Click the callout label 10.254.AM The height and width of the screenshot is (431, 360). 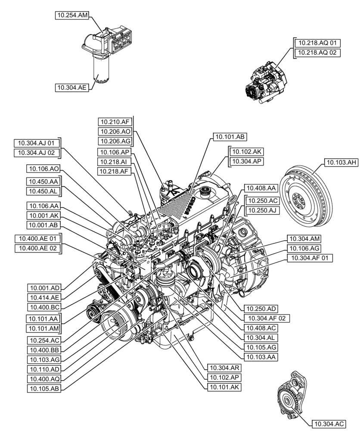(71, 16)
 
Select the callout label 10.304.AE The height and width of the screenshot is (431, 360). (71, 87)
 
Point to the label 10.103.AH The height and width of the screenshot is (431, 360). (340, 162)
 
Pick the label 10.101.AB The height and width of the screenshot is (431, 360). (229, 137)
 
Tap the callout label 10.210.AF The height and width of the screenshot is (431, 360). (114, 122)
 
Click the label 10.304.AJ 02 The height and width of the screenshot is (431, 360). (37, 153)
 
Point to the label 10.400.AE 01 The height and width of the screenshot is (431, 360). (38, 238)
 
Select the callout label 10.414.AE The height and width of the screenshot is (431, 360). (44, 297)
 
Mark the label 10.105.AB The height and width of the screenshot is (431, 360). (44, 388)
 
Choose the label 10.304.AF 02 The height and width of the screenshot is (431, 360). (266, 319)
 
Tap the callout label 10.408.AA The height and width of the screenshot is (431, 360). (261, 188)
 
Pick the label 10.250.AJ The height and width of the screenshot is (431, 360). (262, 210)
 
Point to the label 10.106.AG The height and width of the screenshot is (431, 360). (303, 248)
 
